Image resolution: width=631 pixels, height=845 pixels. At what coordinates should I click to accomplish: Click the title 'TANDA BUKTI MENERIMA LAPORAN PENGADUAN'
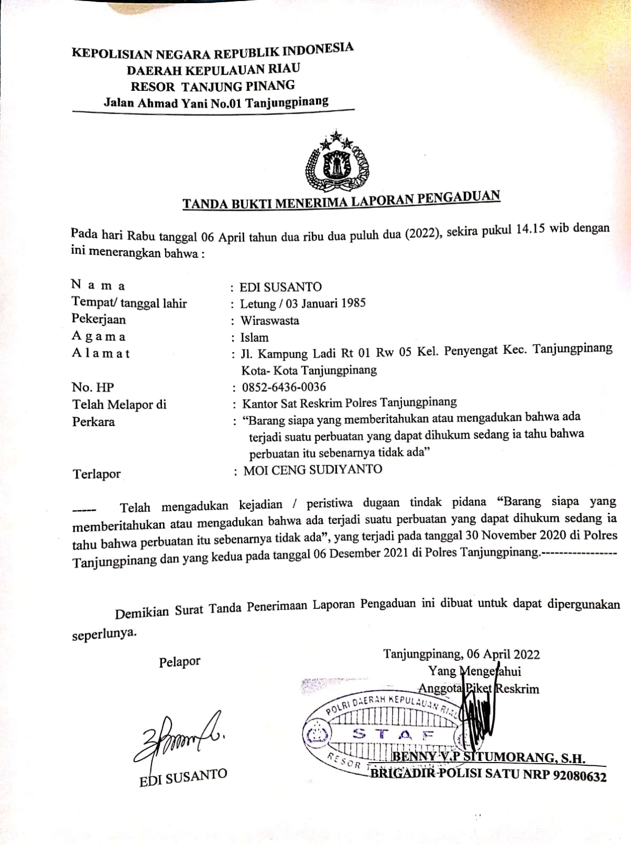click(341, 200)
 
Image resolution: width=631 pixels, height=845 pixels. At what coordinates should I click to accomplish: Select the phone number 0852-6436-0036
click(284, 387)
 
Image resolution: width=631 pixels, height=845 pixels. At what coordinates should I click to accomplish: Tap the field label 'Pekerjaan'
click(99, 319)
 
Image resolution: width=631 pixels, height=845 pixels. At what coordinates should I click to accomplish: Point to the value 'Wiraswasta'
click(270, 321)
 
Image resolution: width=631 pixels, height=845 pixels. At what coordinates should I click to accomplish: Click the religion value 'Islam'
click(254, 337)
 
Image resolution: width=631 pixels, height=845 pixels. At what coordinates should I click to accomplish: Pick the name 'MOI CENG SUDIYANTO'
click(312, 470)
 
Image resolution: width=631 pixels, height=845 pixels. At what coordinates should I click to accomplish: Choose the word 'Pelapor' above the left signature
click(179, 661)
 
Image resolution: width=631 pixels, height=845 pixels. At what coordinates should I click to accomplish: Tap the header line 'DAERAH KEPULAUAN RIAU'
click(213, 69)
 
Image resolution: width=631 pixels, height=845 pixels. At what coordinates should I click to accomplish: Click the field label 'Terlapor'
click(97, 474)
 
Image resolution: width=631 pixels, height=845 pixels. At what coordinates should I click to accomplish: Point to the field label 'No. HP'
click(92, 387)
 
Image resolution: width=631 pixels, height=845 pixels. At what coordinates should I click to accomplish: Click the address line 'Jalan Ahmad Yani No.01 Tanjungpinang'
click(216, 102)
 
